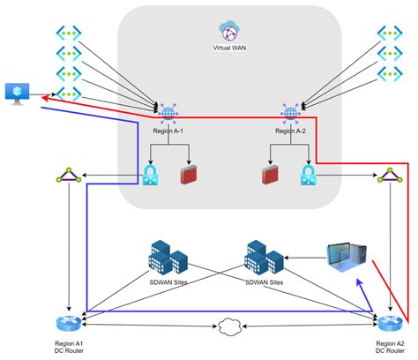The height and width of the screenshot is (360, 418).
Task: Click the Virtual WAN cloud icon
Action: click(x=232, y=33)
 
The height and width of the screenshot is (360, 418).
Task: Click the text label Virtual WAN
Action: click(x=232, y=49)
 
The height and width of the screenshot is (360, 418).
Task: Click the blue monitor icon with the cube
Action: click(x=18, y=91)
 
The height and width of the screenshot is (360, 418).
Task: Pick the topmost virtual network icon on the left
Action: click(x=68, y=34)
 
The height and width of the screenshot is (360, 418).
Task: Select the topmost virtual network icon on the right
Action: click(x=389, y=34)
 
